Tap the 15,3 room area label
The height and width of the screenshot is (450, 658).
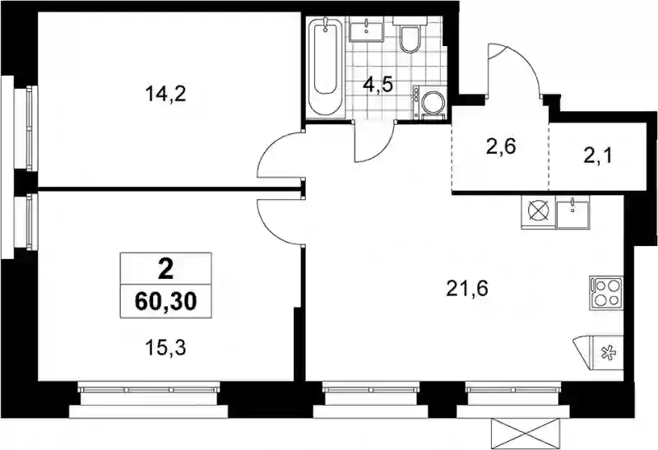165,349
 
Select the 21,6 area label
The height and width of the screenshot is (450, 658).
467,289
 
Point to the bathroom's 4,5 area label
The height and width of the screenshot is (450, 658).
378,85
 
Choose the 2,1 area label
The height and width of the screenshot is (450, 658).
598,156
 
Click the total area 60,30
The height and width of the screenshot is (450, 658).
166,301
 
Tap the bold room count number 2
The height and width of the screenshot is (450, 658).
166,270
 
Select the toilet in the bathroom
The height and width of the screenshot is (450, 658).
409,35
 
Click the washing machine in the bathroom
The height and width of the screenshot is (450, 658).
429,103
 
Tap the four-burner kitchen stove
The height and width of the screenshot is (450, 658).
606,293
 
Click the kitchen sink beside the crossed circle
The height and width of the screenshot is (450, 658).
572,212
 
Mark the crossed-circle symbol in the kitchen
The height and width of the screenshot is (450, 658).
539,212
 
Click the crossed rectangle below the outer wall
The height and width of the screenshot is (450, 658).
526,434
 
